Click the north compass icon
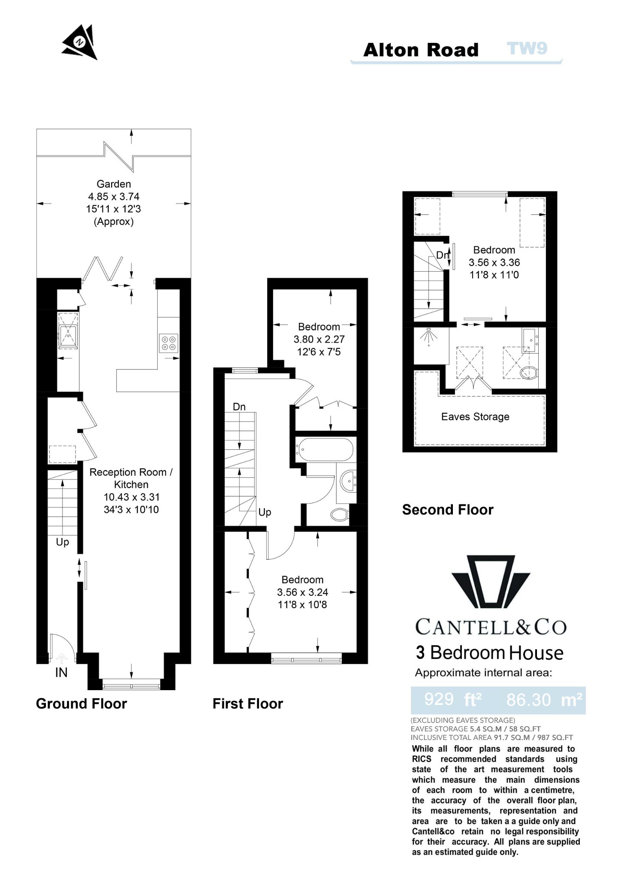tap(80, 42)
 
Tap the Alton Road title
tap(421, 50)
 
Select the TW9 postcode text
tap(527, 48)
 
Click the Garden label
tap(114, 184)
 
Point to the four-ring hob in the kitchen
tap(168, 343)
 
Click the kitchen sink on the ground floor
tap(69, 335)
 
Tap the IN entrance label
tap(61, 673)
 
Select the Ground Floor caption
tap(81, 703)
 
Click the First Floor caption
tap(248, 703)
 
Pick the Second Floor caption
tap(448, 509)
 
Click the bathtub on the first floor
tap(324, 449)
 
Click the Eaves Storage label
tap(475, 417)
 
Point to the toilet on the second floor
tap(529, 373)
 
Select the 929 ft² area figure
tap(453, 700)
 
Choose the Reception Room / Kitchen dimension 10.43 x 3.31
tap(131, 497)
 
